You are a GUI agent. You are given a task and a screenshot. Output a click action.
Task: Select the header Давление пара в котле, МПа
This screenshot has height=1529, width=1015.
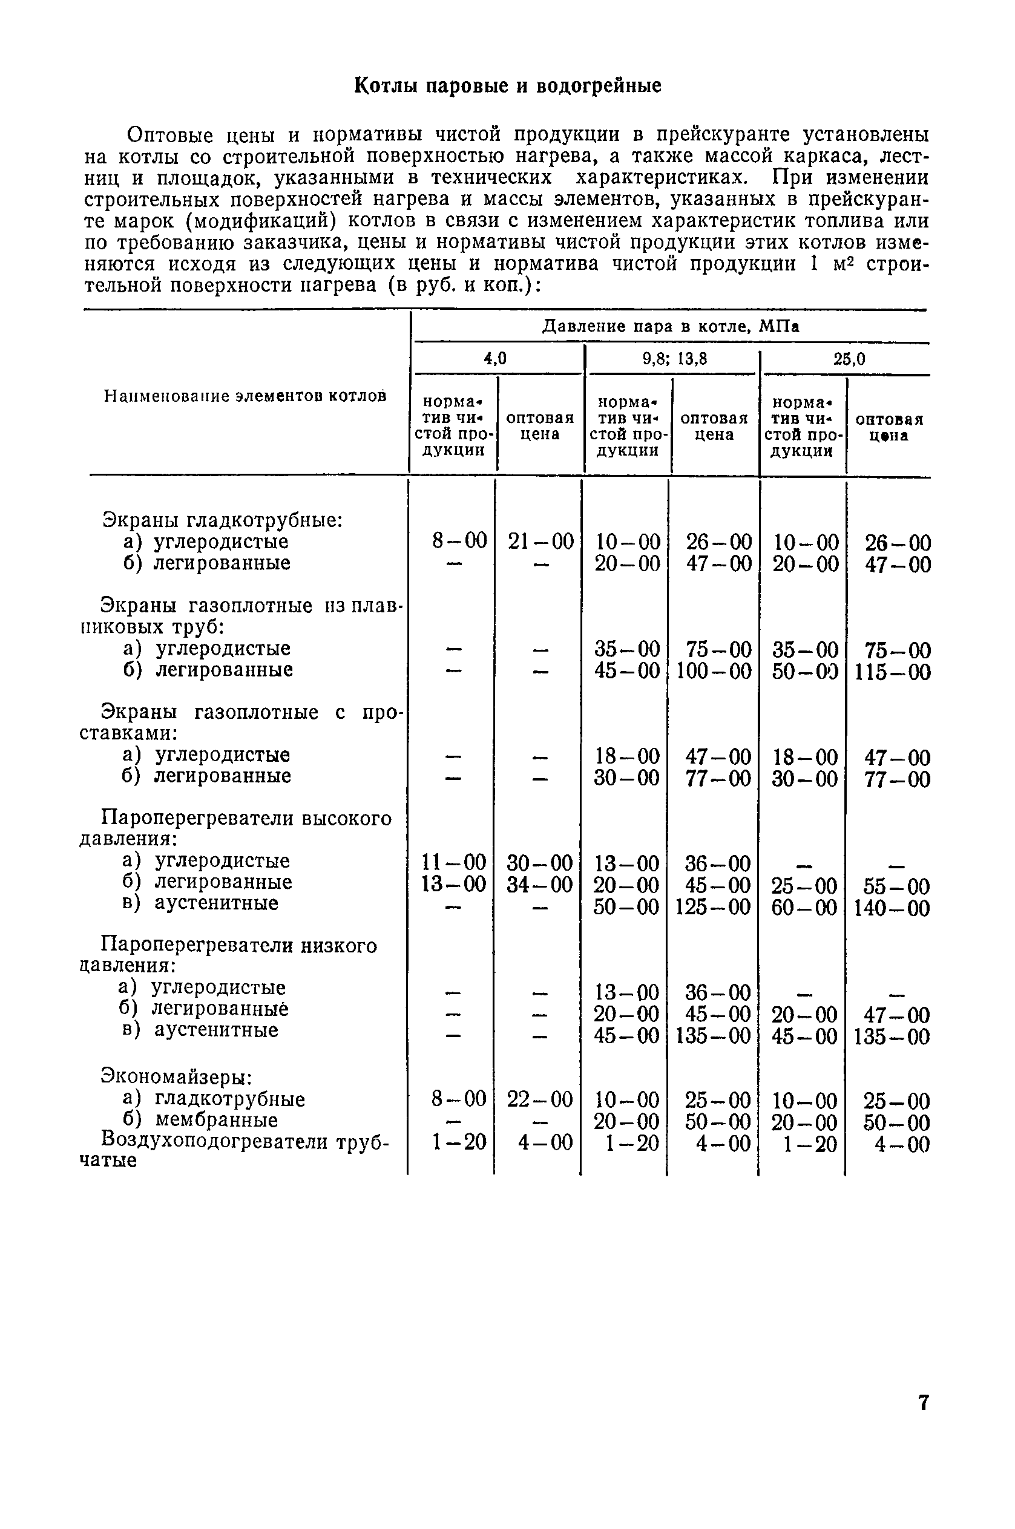pos(670,326)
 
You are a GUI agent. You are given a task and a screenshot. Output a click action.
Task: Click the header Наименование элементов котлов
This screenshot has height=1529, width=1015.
pos(245,395)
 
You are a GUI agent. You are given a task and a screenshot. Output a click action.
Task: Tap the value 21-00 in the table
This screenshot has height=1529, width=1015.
pos(540,541)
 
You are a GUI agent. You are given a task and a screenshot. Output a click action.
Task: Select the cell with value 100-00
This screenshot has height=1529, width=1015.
pos(714,671)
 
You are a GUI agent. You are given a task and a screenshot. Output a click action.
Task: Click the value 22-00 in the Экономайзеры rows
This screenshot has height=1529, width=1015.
pos(540,1099)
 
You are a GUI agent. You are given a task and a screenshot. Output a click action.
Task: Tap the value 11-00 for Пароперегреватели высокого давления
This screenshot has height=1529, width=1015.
pos(454,863)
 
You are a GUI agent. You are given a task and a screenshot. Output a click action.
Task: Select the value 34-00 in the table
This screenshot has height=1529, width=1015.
pos(540,884)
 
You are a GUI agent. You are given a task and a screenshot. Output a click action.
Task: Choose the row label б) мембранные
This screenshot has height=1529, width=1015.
pos(201,1120)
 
